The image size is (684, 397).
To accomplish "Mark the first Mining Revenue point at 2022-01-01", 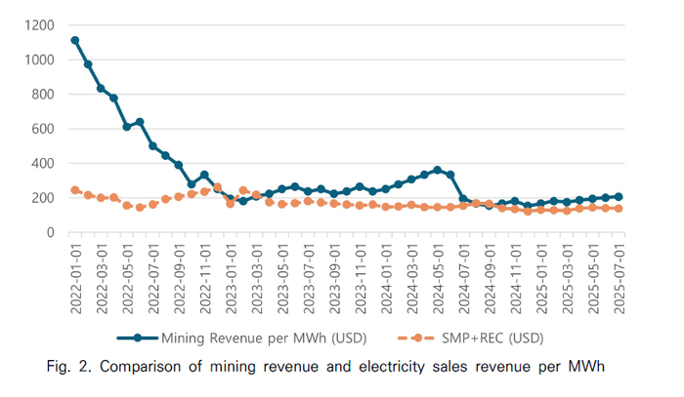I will tap(75, 41).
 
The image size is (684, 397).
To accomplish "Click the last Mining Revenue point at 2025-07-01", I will tap(619, 197).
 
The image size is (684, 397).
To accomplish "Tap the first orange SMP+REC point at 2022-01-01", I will tap(75, 190).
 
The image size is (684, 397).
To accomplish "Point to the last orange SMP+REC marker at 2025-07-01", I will tap(619, 209).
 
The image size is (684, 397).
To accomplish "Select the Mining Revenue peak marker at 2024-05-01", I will tap(437, 170).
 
